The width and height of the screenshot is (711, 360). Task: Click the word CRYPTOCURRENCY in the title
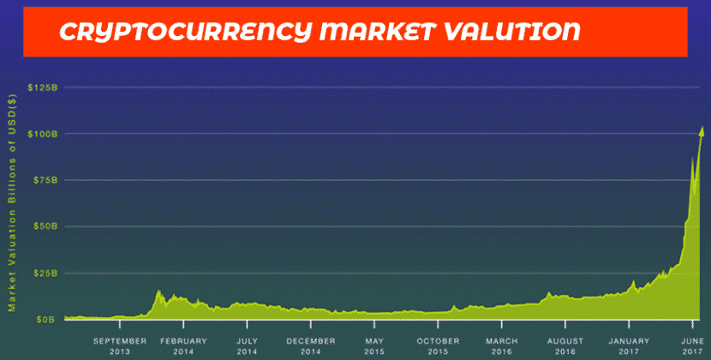pos(186,33)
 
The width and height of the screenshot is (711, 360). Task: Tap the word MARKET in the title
pos(377,32)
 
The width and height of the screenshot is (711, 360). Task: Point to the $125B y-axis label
pos(43,87)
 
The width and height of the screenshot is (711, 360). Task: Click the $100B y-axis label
pos(43,134)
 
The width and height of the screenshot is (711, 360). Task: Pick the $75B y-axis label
pos(45,180)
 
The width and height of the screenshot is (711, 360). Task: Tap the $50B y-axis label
pos(45,226)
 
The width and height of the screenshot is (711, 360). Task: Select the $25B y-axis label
pos(45,273)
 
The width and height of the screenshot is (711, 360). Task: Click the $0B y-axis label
pos(48,320)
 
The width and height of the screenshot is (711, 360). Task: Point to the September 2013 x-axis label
pos(120,346)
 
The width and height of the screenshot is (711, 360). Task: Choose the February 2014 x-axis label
pos(183,346)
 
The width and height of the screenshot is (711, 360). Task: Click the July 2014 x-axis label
pos(247,346)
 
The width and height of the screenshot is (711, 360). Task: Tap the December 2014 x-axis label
pos(311,346)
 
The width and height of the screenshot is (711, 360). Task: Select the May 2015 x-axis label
pos(374,346)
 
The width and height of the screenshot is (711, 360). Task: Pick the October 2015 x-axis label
pos(438,346)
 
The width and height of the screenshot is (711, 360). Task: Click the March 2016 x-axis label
pos(501,346)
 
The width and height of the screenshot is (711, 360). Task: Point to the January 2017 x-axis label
pos(629,346)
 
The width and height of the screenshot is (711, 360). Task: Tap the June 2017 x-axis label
pos(692,346)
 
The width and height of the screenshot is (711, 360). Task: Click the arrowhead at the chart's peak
pos(702,132)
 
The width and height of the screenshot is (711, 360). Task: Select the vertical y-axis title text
pos(12,202)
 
